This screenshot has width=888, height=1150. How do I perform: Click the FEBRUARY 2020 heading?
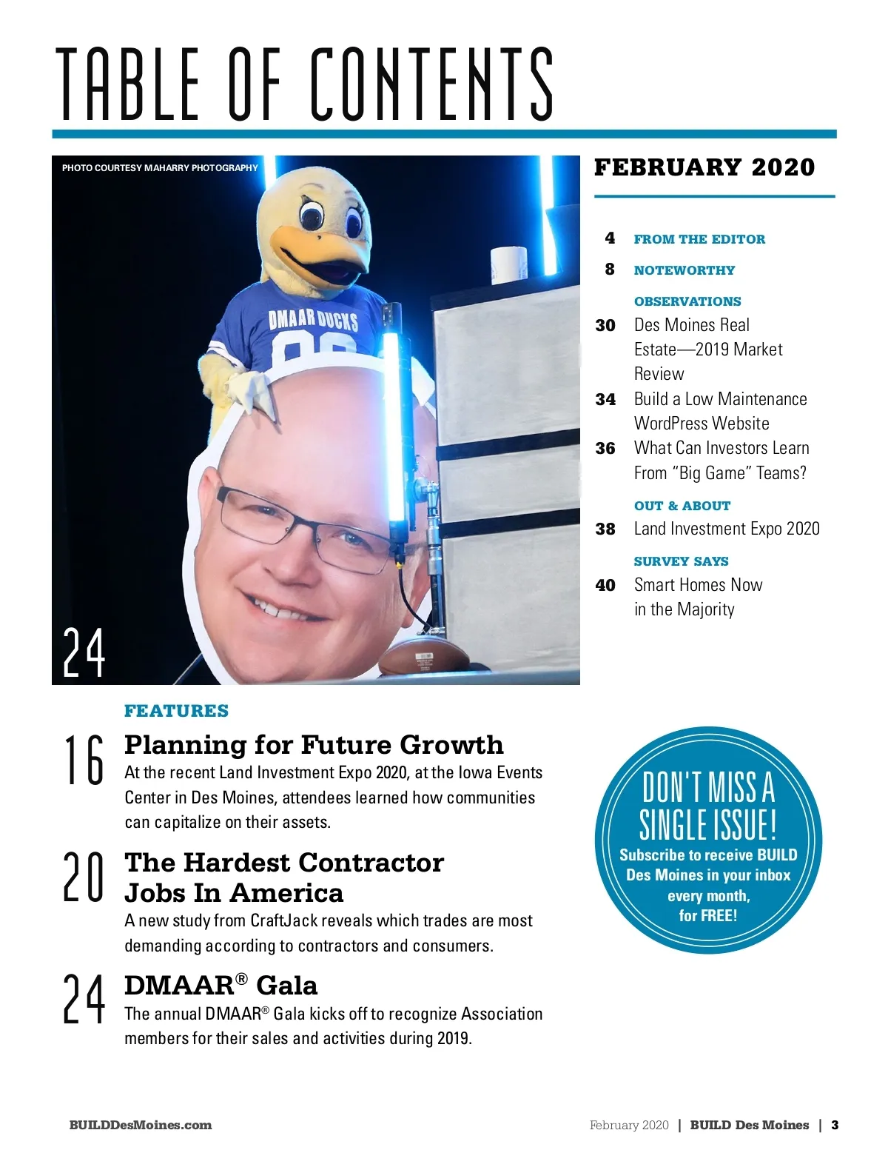point(704,167)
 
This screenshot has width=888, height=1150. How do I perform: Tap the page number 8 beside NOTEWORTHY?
point(610,270)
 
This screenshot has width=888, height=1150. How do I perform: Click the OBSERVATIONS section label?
point(687,301)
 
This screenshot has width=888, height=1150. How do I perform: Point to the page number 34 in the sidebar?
point(605,400)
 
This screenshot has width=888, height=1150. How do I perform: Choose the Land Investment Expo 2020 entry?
point(727,529)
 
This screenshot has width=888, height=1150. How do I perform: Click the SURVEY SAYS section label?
point(681,561)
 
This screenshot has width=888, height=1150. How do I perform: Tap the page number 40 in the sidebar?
point(605,586)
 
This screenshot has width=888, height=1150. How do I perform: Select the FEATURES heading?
point(176,711)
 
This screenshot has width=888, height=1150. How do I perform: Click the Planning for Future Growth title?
point(314,744)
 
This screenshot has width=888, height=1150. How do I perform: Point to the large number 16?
point(84,760)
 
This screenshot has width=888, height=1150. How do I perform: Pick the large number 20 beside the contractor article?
point(84,877)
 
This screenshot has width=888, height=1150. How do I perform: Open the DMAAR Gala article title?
point(221,986)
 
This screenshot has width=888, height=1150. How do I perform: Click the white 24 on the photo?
point(84,652)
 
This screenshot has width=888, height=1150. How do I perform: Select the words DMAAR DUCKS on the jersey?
point(313,320)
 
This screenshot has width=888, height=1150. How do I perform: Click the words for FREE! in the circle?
point(708,916)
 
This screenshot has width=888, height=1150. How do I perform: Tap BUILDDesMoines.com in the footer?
point(141,1125)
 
